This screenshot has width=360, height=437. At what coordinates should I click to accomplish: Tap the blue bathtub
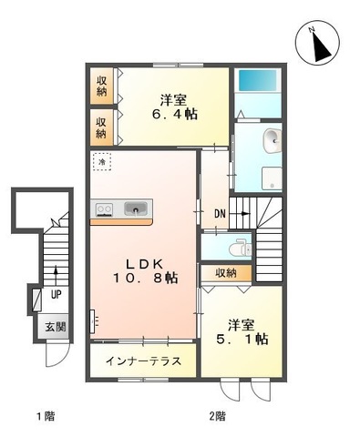[x=258, y=80]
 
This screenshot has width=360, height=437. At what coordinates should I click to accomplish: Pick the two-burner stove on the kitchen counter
[x=103, y=209]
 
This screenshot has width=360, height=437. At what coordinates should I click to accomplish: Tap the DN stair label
[x=221, y=214]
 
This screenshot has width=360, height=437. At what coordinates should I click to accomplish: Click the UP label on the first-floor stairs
[x=57, y=296]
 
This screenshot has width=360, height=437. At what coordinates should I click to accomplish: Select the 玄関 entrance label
[x=55, y=327]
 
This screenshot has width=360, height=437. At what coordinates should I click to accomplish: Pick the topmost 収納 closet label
[x=101, y=85]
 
